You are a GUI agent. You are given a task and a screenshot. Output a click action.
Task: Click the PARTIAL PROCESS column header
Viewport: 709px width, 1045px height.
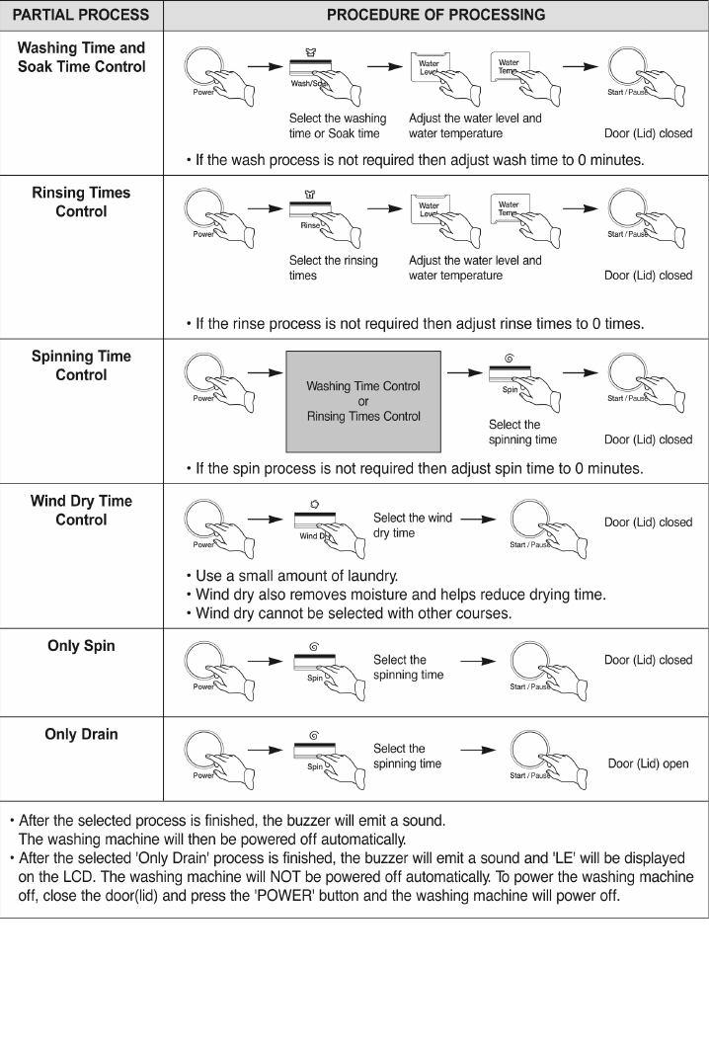click(81, 15)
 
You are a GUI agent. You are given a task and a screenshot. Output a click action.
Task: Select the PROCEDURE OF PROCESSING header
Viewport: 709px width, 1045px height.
click(435, 15)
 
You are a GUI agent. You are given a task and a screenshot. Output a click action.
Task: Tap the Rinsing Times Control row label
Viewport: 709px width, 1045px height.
click(81, 201)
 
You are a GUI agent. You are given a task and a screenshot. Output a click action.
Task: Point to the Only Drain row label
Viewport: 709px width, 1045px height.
click(81, 734)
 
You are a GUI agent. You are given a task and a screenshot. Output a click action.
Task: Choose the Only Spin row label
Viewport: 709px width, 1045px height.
click(81, 646)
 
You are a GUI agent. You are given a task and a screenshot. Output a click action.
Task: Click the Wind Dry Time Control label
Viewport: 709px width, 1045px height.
click(81, 510)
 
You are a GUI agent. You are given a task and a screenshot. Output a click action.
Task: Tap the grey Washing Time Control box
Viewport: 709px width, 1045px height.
click(362, 401)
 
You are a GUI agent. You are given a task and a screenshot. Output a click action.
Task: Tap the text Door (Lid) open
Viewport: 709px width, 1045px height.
click(648, 764)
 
